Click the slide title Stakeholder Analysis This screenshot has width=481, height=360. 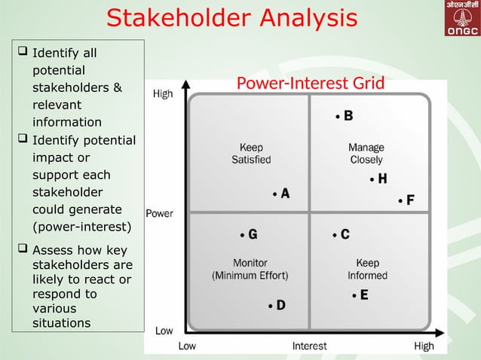(x=231, y=18)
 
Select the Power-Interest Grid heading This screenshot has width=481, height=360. (x=310, y=83)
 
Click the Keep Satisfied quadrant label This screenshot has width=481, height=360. (x=251, y=154)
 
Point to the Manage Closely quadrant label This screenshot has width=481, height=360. (x=366, y=154)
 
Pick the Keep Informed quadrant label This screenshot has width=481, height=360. (x=367, y=270)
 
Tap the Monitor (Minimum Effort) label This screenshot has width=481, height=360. (x=250, y=270)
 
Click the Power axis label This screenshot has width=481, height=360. (x=159, y=213)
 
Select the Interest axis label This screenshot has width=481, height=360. (x=310, y=346)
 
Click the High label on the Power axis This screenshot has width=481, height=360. (x=162, y=94)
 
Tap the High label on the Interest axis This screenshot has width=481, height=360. (x=424, y=346)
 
